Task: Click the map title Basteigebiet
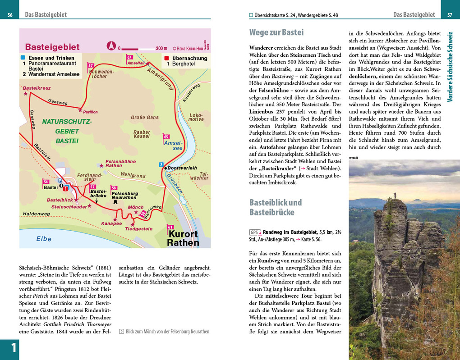[52, 47]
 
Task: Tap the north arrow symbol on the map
[110, 46]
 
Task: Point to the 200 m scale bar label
[161, 48]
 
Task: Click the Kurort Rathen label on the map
[183, 238]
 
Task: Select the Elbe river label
[44, 239]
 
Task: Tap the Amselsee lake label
[173, 145]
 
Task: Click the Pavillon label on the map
[90, 112]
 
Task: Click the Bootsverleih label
[183, 168]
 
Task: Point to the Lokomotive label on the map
[196, 117]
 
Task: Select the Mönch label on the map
[136, 207]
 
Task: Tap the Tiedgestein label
[138, 228]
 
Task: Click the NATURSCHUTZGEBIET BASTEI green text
[67, 131]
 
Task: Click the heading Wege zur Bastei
[276, 32]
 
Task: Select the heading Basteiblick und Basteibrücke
[276, 207]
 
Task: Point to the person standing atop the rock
[395, 195]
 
